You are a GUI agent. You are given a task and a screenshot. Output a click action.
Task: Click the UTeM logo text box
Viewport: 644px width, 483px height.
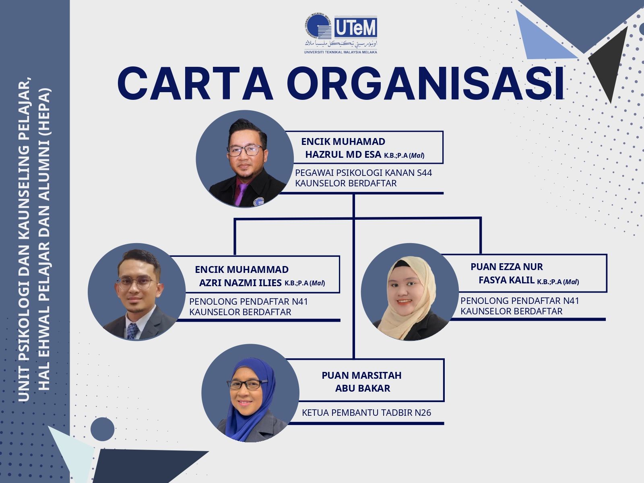(x=355, y=27)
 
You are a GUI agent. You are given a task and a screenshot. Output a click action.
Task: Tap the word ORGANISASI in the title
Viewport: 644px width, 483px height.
(x=425, y=84)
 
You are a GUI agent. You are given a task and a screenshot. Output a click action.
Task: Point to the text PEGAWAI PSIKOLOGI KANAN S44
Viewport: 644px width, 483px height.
(x=363, y=173)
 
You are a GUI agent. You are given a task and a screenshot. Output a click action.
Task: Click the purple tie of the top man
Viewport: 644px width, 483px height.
(x=241, y=194)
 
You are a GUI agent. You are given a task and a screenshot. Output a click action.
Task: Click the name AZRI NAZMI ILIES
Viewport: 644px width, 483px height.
(x=240, y=283)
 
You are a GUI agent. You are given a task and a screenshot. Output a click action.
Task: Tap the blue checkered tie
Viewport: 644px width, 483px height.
(x=132, y=331)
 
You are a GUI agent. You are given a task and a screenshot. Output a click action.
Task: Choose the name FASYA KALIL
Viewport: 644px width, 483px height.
(x=506, y=280)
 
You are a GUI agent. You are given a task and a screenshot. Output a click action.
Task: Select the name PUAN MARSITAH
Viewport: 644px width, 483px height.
(x=361, y=376)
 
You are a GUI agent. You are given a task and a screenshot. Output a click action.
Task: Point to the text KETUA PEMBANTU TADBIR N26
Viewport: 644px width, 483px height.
(x=366, y=413)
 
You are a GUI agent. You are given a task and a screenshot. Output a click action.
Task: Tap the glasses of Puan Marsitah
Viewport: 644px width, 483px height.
(x=247, y=384)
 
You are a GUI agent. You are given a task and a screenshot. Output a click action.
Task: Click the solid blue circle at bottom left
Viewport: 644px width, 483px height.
(x=102, y=429)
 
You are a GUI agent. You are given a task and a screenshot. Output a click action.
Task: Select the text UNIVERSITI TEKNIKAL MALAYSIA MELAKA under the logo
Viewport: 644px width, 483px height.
(x=341, y=52)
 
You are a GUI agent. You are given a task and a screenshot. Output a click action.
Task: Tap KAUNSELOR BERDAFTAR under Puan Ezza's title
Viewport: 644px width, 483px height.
(x=512, y=311)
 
